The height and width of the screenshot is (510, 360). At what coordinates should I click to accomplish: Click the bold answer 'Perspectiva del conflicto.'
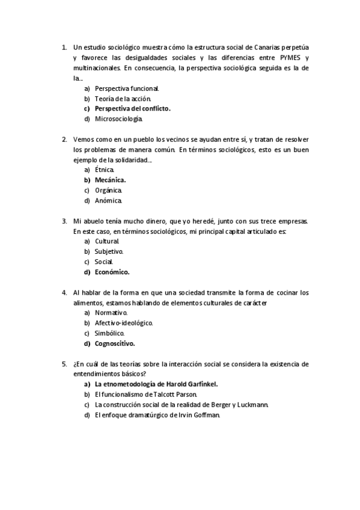pos(133,109)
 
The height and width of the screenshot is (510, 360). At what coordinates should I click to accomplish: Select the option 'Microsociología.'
pos(119,119)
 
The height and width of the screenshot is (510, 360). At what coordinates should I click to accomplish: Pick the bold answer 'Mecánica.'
pos(111,180)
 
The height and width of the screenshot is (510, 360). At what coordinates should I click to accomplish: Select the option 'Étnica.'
pos(105,170)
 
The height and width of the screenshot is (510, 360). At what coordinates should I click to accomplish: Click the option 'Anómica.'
pos(109,200)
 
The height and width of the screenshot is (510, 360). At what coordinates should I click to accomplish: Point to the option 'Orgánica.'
pos(108,190)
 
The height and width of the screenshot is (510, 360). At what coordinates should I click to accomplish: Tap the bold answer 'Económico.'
pos(112,272)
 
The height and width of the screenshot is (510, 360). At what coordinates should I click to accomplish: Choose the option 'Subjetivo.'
pos(109,252)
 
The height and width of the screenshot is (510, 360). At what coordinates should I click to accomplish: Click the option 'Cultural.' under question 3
pos(107,242)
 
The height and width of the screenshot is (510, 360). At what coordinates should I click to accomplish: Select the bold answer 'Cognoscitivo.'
pos(115,344)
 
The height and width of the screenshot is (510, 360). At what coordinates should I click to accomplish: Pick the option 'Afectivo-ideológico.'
pos(124,324)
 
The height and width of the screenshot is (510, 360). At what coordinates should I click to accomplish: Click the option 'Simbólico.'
pos(110,334)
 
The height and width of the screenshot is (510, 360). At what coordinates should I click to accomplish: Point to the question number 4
pos(64,293)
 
